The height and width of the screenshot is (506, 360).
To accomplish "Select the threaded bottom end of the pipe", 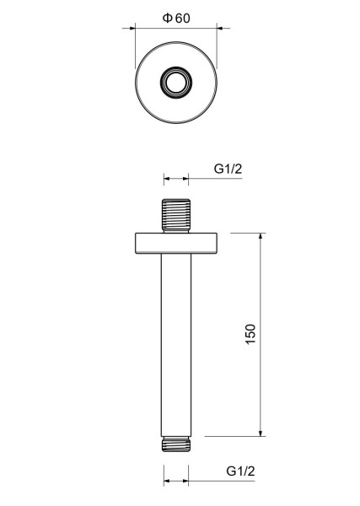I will (x=176, y=442).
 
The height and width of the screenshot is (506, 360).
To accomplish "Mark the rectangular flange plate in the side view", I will (x=177, y=242).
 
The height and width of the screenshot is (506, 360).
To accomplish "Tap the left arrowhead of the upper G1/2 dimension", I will (x=166, y=179).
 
